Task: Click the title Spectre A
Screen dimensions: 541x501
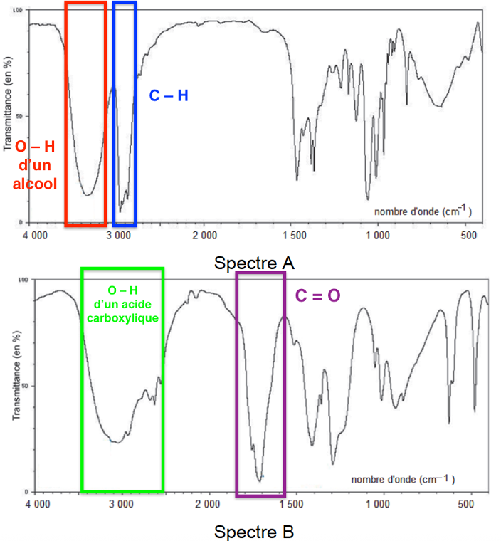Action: pyautogui.click(x=254, y=263)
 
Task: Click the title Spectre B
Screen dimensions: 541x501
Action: pyautogui.click(x=254, y=531)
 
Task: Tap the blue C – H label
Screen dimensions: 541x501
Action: pyautogui.click(x=169, y=95)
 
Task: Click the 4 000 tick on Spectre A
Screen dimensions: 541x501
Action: pyautogui.click(x=36, y=235)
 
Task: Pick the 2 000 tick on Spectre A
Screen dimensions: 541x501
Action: pyautogui.click(x=204, y=235)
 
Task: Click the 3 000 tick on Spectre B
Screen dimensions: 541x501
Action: pyautogui.click(x=122, y=505)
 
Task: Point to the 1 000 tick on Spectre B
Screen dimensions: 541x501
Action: pyautogui.click(x=377, y=505)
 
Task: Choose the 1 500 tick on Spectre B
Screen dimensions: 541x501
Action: pyautogui.click(x=292, y=505)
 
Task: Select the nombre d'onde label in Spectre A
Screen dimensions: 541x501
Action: pyautogui.click(x=423, y=211)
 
